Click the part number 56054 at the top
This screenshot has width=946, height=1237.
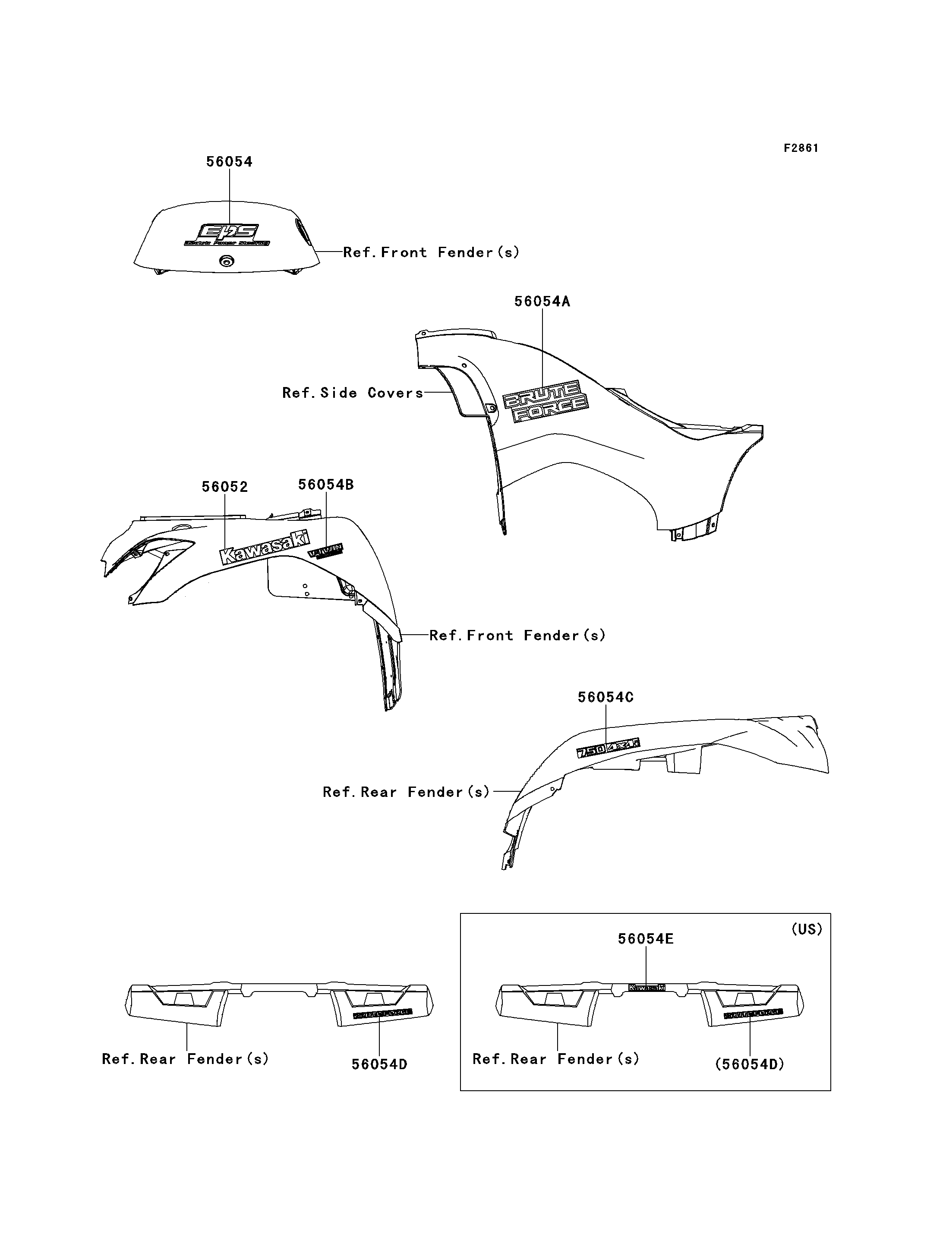229,162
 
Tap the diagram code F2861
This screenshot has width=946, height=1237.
801,148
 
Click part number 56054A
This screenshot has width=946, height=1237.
542,302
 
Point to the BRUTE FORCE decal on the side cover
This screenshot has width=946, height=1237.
545,401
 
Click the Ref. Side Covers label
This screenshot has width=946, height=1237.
353,393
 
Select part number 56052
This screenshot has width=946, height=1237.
225,486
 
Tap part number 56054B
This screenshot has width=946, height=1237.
325,484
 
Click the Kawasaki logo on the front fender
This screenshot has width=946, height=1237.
265,547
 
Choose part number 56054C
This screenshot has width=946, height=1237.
605,697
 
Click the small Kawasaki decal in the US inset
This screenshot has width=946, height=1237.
646,987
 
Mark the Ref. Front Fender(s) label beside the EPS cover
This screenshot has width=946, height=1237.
431,252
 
